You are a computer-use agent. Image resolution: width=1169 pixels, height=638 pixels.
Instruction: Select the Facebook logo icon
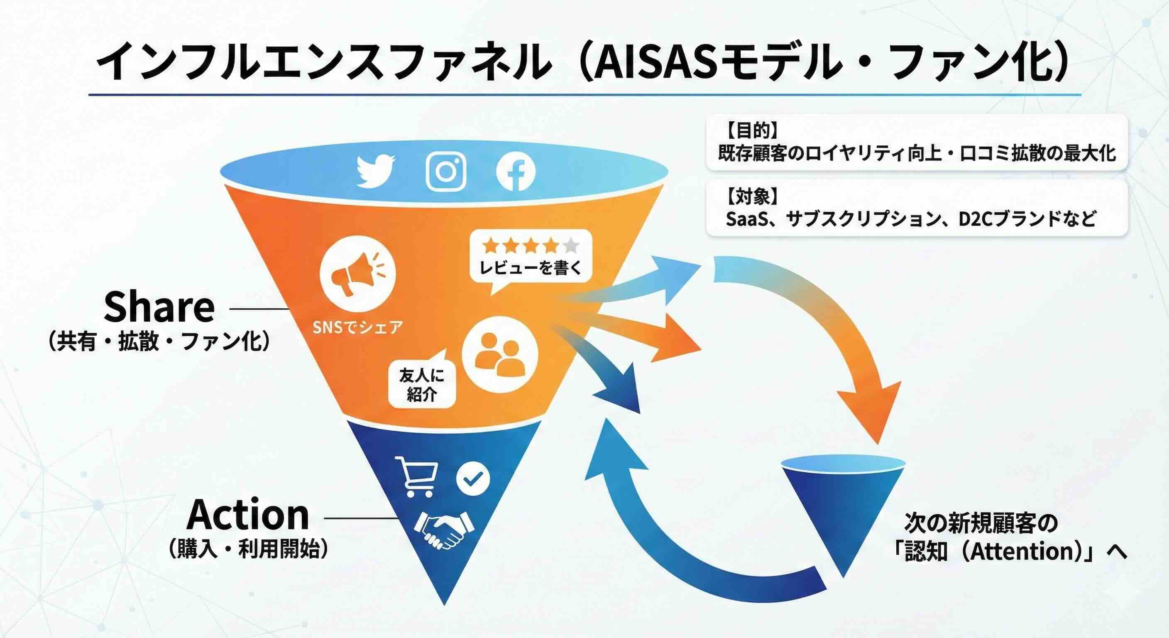[516, 172]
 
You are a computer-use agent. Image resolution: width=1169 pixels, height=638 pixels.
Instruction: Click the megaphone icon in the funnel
[357, 274]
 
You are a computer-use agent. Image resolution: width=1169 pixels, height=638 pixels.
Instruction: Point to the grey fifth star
[571, 245]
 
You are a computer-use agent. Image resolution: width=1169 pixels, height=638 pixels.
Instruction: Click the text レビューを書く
[531, 268]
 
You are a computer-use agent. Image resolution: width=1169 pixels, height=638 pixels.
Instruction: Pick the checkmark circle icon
[473, 478]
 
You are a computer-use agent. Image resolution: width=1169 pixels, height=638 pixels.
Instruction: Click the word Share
[159, 307]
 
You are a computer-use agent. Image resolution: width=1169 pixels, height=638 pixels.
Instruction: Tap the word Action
[248, 515]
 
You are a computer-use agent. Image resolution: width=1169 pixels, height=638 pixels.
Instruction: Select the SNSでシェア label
[357, 327]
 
